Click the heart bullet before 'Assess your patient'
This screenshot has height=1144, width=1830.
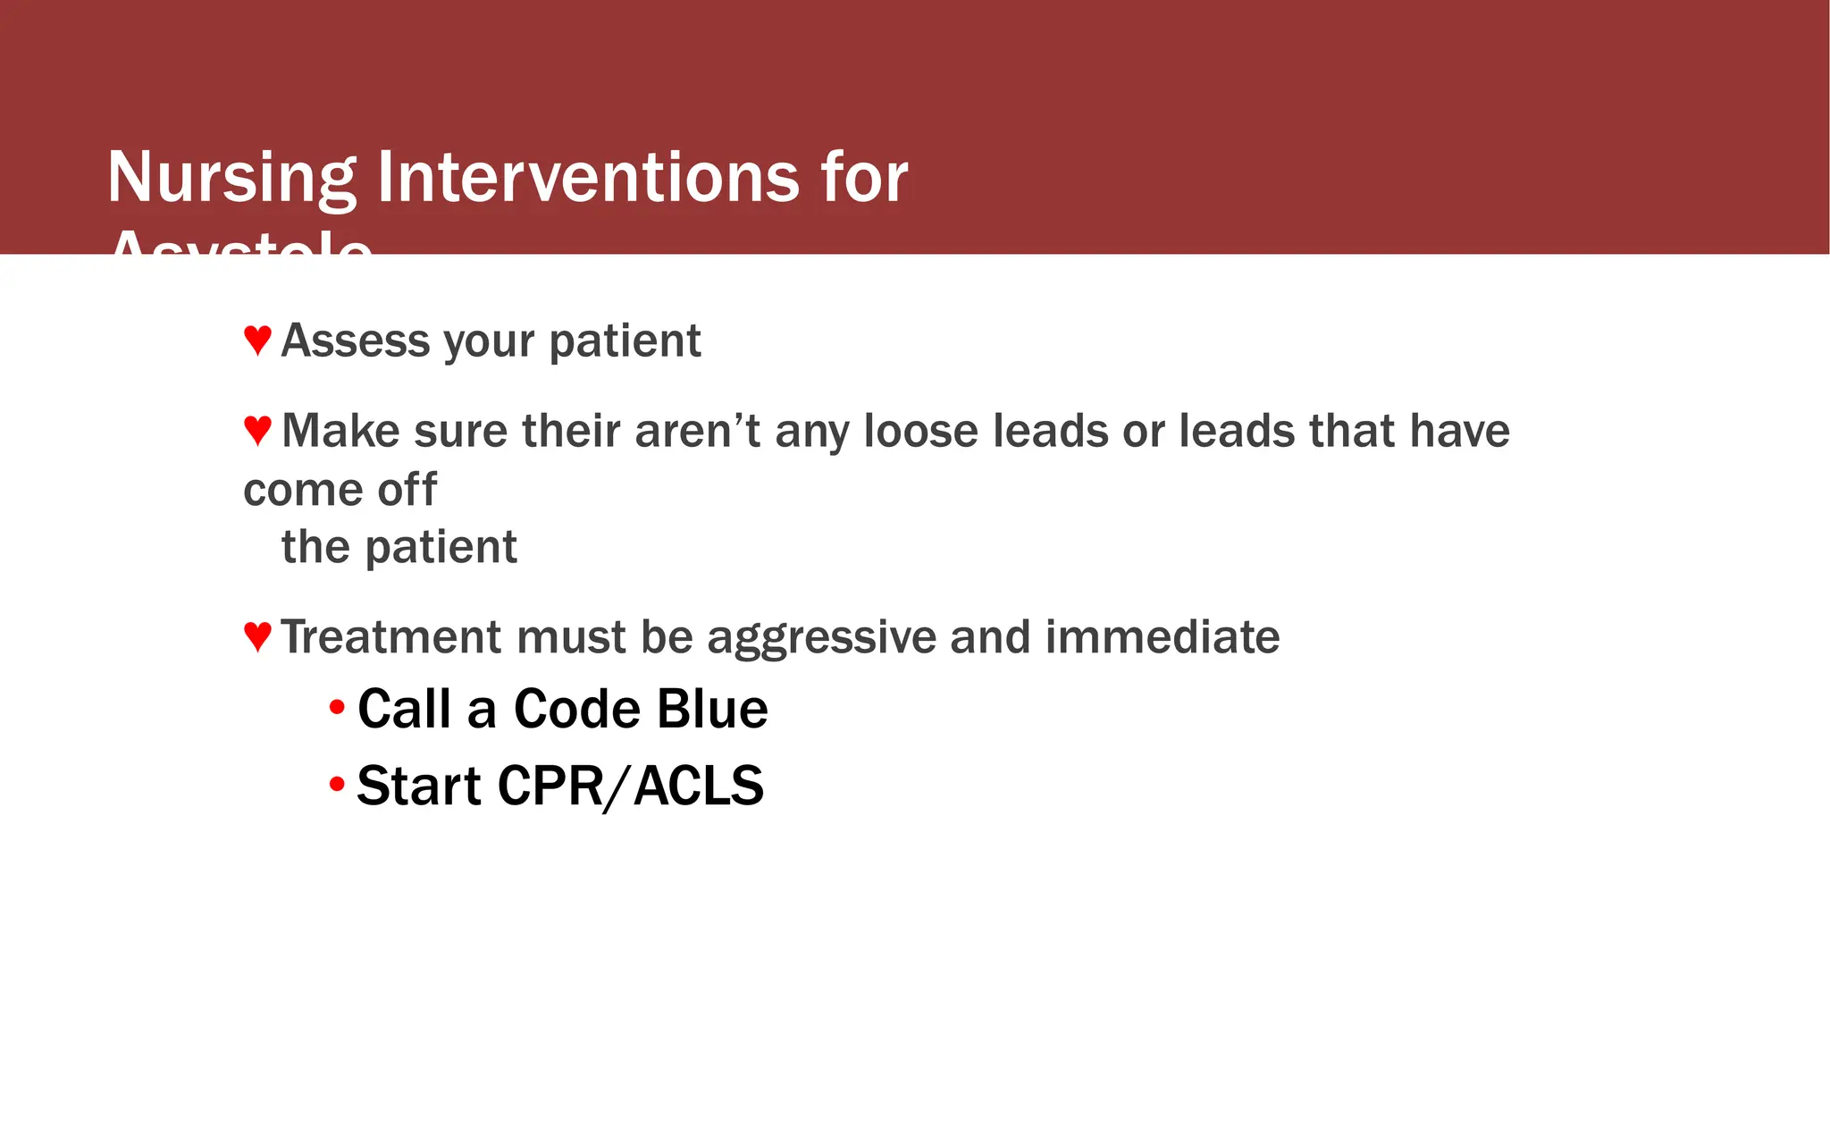[257, 341]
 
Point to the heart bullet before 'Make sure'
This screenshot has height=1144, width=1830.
[257, 431]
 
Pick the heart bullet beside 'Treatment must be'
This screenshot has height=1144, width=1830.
[257, 637]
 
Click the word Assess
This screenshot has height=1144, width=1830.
[355, 341]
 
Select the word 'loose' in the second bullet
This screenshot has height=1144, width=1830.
[920, 431]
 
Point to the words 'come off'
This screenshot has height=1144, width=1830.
[340, 490]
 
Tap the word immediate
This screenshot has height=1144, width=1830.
[1162, 637]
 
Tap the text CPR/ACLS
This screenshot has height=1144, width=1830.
[629, 786]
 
